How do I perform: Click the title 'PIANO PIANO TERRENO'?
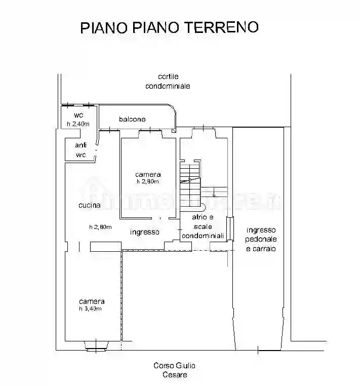[169, 27]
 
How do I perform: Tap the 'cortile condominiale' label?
[168, 81]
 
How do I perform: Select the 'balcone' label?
[132, 120]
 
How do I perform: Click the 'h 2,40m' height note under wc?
[78, 124]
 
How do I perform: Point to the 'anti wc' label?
[81, 150]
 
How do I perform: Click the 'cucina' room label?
[89, 205]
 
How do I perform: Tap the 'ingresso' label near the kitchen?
[144, 233]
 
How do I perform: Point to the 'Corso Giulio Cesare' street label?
[175, 370]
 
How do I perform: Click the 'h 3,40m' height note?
[90, 308]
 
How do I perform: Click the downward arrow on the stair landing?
[214, 192]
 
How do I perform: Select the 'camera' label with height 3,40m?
[91, 301]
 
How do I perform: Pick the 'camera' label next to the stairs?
[148, 174]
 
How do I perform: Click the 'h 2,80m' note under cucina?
[100, 227]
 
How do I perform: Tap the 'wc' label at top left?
[78, 115]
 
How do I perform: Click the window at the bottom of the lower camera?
[96, 348]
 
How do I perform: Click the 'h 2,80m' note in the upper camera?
[147, 181]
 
